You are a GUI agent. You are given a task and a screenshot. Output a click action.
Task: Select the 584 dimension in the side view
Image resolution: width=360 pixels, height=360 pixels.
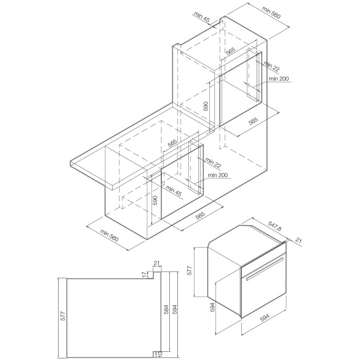166,309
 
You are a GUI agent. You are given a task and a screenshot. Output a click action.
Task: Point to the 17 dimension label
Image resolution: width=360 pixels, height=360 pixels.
144,274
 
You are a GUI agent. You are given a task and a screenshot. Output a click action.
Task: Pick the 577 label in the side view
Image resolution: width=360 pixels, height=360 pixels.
64,316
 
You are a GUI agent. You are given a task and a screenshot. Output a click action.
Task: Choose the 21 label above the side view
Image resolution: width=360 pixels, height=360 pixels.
156,263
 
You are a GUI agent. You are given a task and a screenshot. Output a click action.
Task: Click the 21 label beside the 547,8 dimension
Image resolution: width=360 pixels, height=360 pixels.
298,240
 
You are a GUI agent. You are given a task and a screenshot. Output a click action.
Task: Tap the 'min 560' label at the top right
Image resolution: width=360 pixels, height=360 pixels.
272,12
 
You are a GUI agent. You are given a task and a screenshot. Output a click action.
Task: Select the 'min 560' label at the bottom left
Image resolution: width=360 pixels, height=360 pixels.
109,236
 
